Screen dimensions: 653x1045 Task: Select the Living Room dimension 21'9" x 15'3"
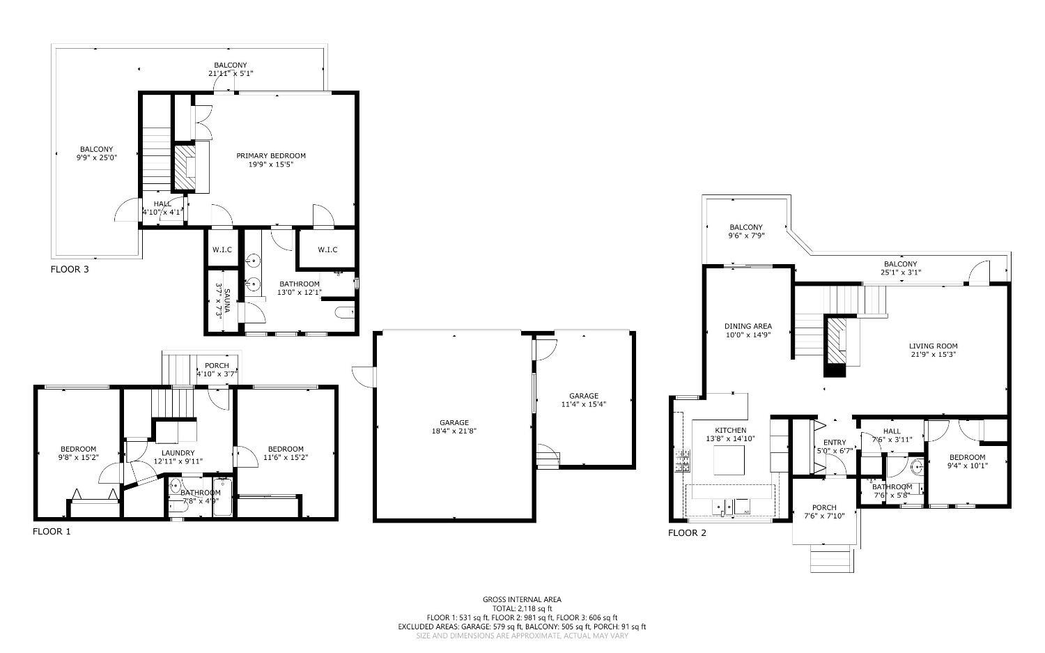click(933, 355)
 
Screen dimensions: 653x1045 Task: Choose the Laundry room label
click(178, 453)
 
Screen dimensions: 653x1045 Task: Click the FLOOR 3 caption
click(70, 269)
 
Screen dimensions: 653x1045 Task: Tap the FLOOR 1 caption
click(52, 532)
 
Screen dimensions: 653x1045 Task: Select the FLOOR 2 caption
click(687, 533)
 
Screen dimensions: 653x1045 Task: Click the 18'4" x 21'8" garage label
click(454, 431)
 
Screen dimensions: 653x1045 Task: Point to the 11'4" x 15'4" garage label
click(583, 404)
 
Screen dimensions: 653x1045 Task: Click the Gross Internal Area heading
click(522, 599)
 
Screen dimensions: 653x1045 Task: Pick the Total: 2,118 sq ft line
click(522, 608)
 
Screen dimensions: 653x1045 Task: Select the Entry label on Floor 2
click(835, 443)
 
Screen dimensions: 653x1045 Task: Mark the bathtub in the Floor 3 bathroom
click(344, 312)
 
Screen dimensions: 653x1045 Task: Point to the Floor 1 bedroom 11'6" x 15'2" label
click(286, 453)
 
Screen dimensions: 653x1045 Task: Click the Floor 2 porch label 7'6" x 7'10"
click(824, 512)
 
